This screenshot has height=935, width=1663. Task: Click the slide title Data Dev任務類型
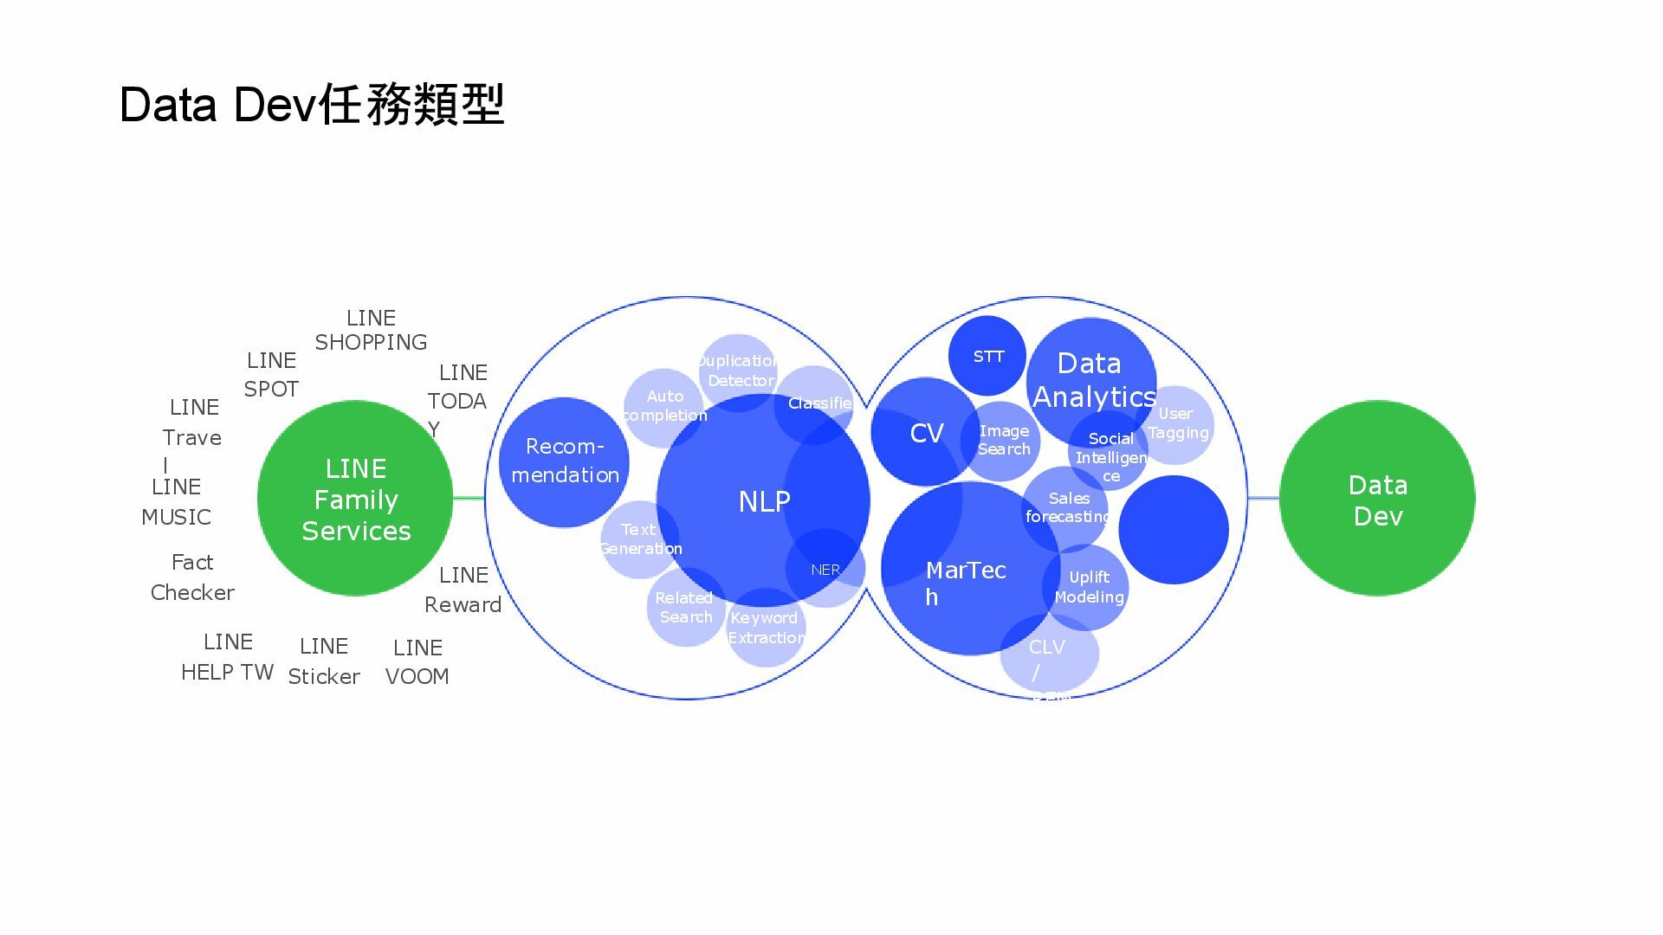(312, 105)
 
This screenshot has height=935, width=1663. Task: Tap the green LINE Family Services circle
(355, 499)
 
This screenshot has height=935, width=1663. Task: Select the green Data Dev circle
(1377, 500)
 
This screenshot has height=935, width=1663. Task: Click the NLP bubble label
(764, 501)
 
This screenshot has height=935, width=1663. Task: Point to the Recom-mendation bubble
(564, 461)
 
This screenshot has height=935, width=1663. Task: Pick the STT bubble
(987, 356)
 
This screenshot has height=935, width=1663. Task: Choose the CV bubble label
(926, 433)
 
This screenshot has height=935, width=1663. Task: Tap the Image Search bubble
(1003, 440)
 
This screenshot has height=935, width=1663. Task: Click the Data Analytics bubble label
(1092, 379)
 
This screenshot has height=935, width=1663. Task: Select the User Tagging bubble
(1177, 423)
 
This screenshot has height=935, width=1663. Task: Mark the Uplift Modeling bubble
(1089, 587)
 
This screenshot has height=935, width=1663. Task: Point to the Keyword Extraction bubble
(766, 628)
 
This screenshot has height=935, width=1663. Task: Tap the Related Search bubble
(685, 607)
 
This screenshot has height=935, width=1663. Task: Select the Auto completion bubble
(663, 405)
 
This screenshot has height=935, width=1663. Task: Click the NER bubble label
(825, 570)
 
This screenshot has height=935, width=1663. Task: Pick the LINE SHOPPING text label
(371, 330)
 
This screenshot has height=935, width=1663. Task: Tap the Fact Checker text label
(192, 577)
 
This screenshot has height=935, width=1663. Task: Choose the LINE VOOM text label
(417, 661)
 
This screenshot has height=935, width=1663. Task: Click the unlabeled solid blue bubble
(1174, 529)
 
